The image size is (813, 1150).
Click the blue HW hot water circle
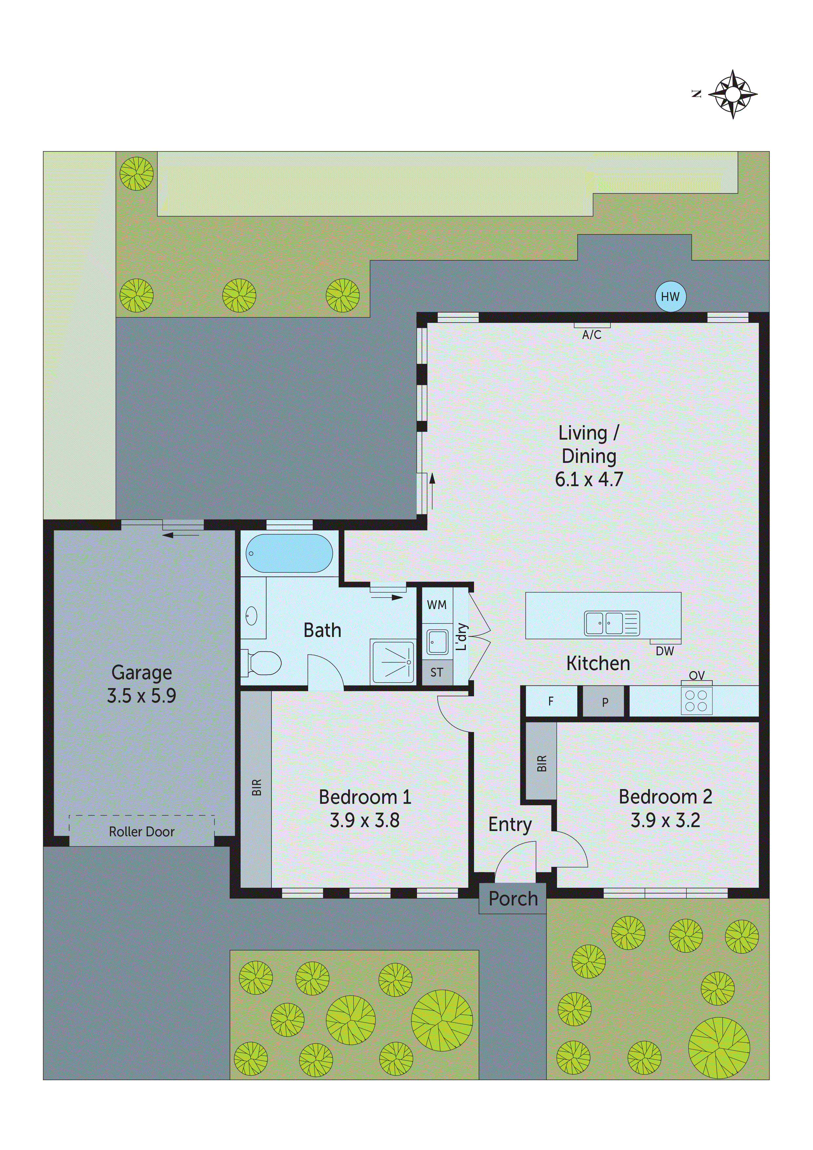[x=670, y=297]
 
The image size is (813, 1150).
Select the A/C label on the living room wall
[x=592, y=335]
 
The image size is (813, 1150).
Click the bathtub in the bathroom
[x=289, y=553]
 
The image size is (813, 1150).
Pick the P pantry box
[x=605, y=702]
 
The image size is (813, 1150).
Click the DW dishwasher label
[x=665, y=651]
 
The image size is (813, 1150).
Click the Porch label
[x=513, y=899]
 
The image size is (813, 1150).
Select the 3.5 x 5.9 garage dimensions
[x=141, y=696]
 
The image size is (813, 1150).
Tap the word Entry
[x=510, y=824]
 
